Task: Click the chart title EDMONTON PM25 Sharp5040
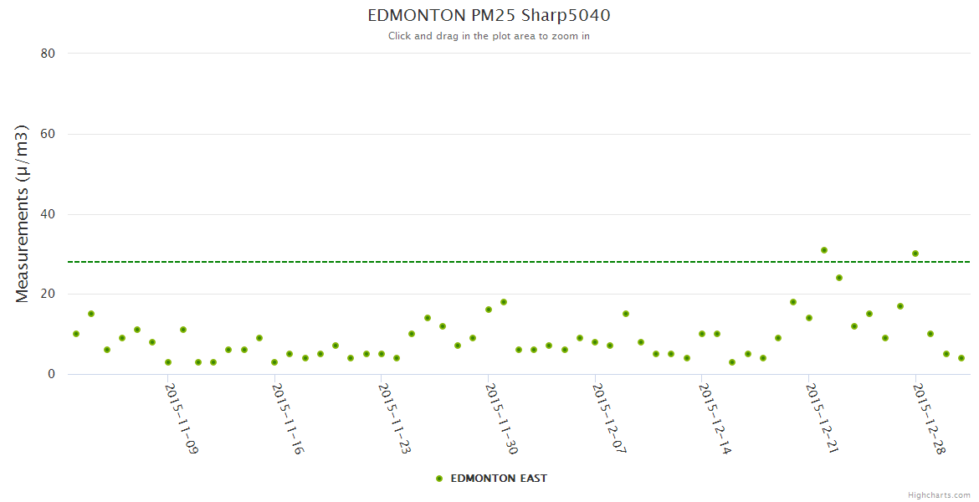489,16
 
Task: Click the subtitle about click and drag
489,36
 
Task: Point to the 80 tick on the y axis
48,54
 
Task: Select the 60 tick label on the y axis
48,134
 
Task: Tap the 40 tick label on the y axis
48,214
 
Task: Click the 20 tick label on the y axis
48,295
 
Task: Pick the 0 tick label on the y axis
51,375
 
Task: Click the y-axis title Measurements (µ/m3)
23,213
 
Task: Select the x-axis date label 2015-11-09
181,418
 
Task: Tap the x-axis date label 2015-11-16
288,418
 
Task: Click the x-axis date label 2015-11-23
394,418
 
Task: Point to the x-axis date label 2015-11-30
501,418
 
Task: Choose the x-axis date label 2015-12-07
608,418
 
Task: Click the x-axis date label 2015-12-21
822,418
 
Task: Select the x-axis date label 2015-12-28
929,418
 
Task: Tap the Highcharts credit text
939,494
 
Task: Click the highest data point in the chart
824,250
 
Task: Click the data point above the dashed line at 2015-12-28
915,254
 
